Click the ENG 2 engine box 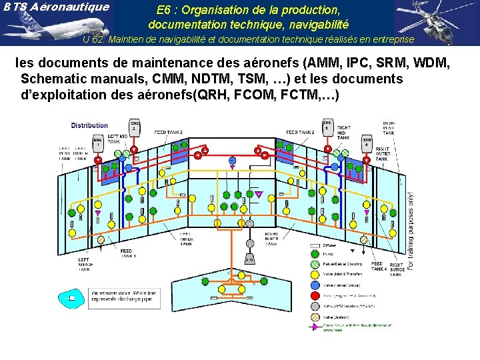pos(135,127)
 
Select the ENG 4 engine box pos(367,142)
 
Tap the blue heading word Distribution pos(89,125)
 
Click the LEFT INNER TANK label pos(186,238)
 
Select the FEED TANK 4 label pos(378,266)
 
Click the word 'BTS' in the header pos(15,7)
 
